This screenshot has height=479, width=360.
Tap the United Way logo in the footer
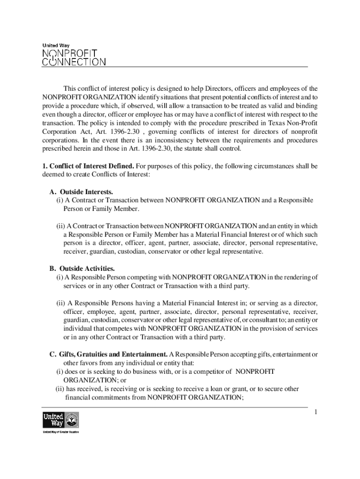tap(61, 420)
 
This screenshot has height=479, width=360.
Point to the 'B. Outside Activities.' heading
tap(82, 269)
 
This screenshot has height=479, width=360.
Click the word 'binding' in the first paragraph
tap(306, 106)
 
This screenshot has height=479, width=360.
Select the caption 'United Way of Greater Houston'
tap(61, 432)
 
